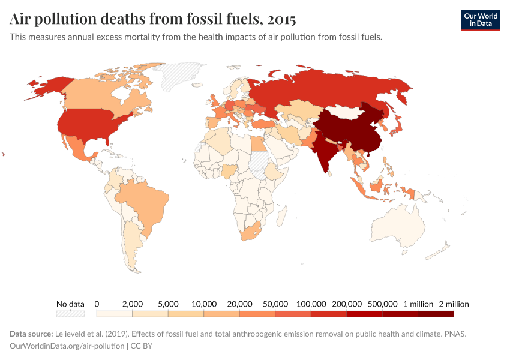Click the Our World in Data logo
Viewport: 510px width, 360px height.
pos(480,20)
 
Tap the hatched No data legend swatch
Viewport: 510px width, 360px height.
pos(70,313)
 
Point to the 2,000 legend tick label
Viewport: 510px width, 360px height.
pos(132,304)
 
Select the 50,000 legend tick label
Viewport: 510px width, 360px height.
pos(275,304)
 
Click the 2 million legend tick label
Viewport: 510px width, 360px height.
pos(454,304)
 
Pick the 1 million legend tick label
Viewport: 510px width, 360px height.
pos(418,304)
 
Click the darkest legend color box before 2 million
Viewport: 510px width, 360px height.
pos(436,313)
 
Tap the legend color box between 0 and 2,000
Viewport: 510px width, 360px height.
pos(114,313)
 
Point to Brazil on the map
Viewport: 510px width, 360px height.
pos(144,201)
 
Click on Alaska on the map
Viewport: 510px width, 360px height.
pos(45,87)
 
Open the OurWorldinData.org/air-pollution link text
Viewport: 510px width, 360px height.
pos(67,346)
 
